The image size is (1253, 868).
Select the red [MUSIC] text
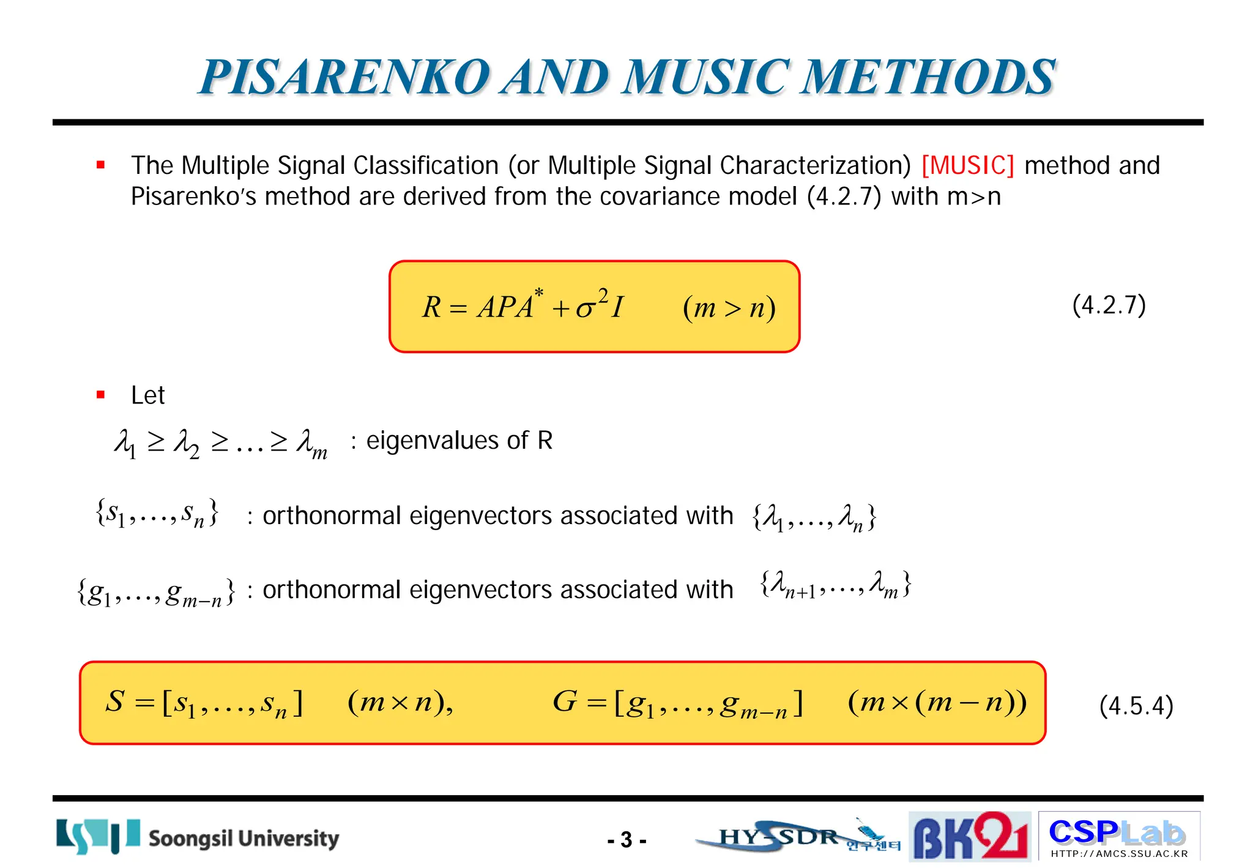[967, 165]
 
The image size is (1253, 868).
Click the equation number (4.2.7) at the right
[1109, 305]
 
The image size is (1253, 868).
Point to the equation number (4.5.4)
[1136, 706]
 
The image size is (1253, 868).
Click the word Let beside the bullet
[147, 395]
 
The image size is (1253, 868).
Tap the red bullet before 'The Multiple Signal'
[101, 165]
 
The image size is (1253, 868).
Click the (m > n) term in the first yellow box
[729, 307]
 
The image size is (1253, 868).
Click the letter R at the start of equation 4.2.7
[431, 307]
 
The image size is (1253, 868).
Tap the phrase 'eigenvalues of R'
[459, 441]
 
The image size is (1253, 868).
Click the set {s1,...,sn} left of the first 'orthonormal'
[157, 513]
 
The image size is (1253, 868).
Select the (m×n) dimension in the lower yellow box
[400, 702]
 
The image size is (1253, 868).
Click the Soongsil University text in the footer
[244, 838]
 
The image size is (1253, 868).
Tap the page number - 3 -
[626, 840]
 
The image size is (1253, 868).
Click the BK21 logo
[969, 836]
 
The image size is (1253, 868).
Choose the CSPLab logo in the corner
[1118, 836]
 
